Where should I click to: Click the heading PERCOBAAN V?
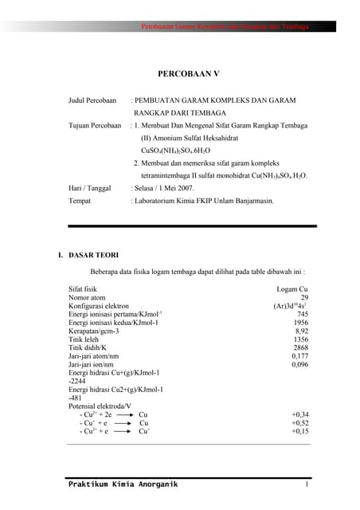[x=188, y=73]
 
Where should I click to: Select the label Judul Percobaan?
[x=93, y=100]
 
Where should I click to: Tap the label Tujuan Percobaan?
[x=96, y=126]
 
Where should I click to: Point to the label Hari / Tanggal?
[x=91, y=188]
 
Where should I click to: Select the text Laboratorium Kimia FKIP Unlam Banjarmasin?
[x=205, y=201]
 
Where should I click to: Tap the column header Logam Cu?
[x=292, y=288]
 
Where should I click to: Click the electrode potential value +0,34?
[x=299, y=414]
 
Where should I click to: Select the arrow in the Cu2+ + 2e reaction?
[x=123, y=415]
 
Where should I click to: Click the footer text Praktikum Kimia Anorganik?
[x=123, y=484]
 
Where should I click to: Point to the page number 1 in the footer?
[x=306, y=484]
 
